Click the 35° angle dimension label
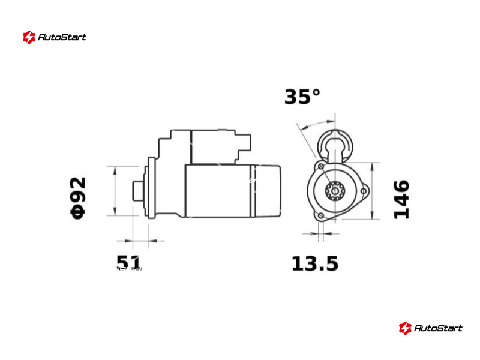(x=302, y=97)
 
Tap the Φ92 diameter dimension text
(x=78, y=198)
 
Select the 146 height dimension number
(x=401, y=199)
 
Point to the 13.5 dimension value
(x=314, y=264)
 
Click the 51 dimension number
(x=128, y=263)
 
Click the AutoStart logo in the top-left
(x=54, y=37)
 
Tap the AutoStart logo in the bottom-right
(x=430, y=328)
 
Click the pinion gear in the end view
(x=335, y=191)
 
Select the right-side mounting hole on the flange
(x=364, y=191)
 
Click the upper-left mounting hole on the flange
(x=321, y=166)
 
